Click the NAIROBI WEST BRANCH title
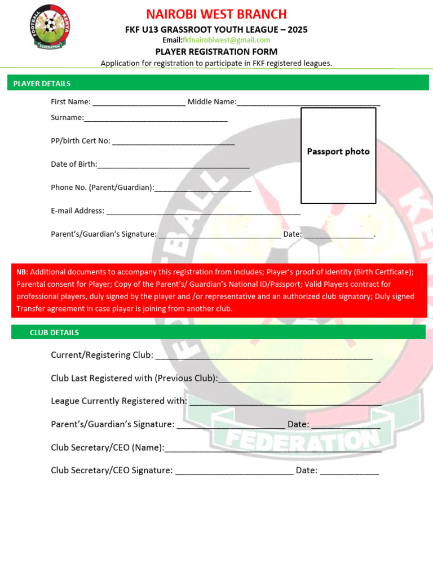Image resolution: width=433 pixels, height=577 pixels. pos(216,14)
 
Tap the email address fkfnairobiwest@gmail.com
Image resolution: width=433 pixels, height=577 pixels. pos(226,40)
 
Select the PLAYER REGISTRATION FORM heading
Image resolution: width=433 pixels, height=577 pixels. pos(216,51)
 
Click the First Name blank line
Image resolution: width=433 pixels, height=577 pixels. pos(139,103)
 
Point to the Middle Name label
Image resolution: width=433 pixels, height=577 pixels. pos(212,102)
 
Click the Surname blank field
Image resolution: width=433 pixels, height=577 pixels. pos(156,119)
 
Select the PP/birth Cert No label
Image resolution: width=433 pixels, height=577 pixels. pos(81,141)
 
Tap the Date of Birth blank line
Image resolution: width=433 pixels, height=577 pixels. pos(173,166)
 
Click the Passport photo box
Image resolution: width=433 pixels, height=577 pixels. pos(338,155)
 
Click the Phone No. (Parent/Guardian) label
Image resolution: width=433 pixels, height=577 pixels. pos(102,188)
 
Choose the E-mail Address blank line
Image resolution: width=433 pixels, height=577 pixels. pos(203,212)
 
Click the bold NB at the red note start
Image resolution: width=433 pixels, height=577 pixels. pos(21,272)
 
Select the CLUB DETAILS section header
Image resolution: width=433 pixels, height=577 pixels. pos(54,332)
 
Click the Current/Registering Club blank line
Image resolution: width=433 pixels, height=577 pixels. pos(263,357)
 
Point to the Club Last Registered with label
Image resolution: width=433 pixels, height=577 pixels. pos(134,378)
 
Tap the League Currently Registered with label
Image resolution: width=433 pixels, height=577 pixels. pos(119,401)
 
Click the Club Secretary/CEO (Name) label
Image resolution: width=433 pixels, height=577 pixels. pos(107,447)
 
